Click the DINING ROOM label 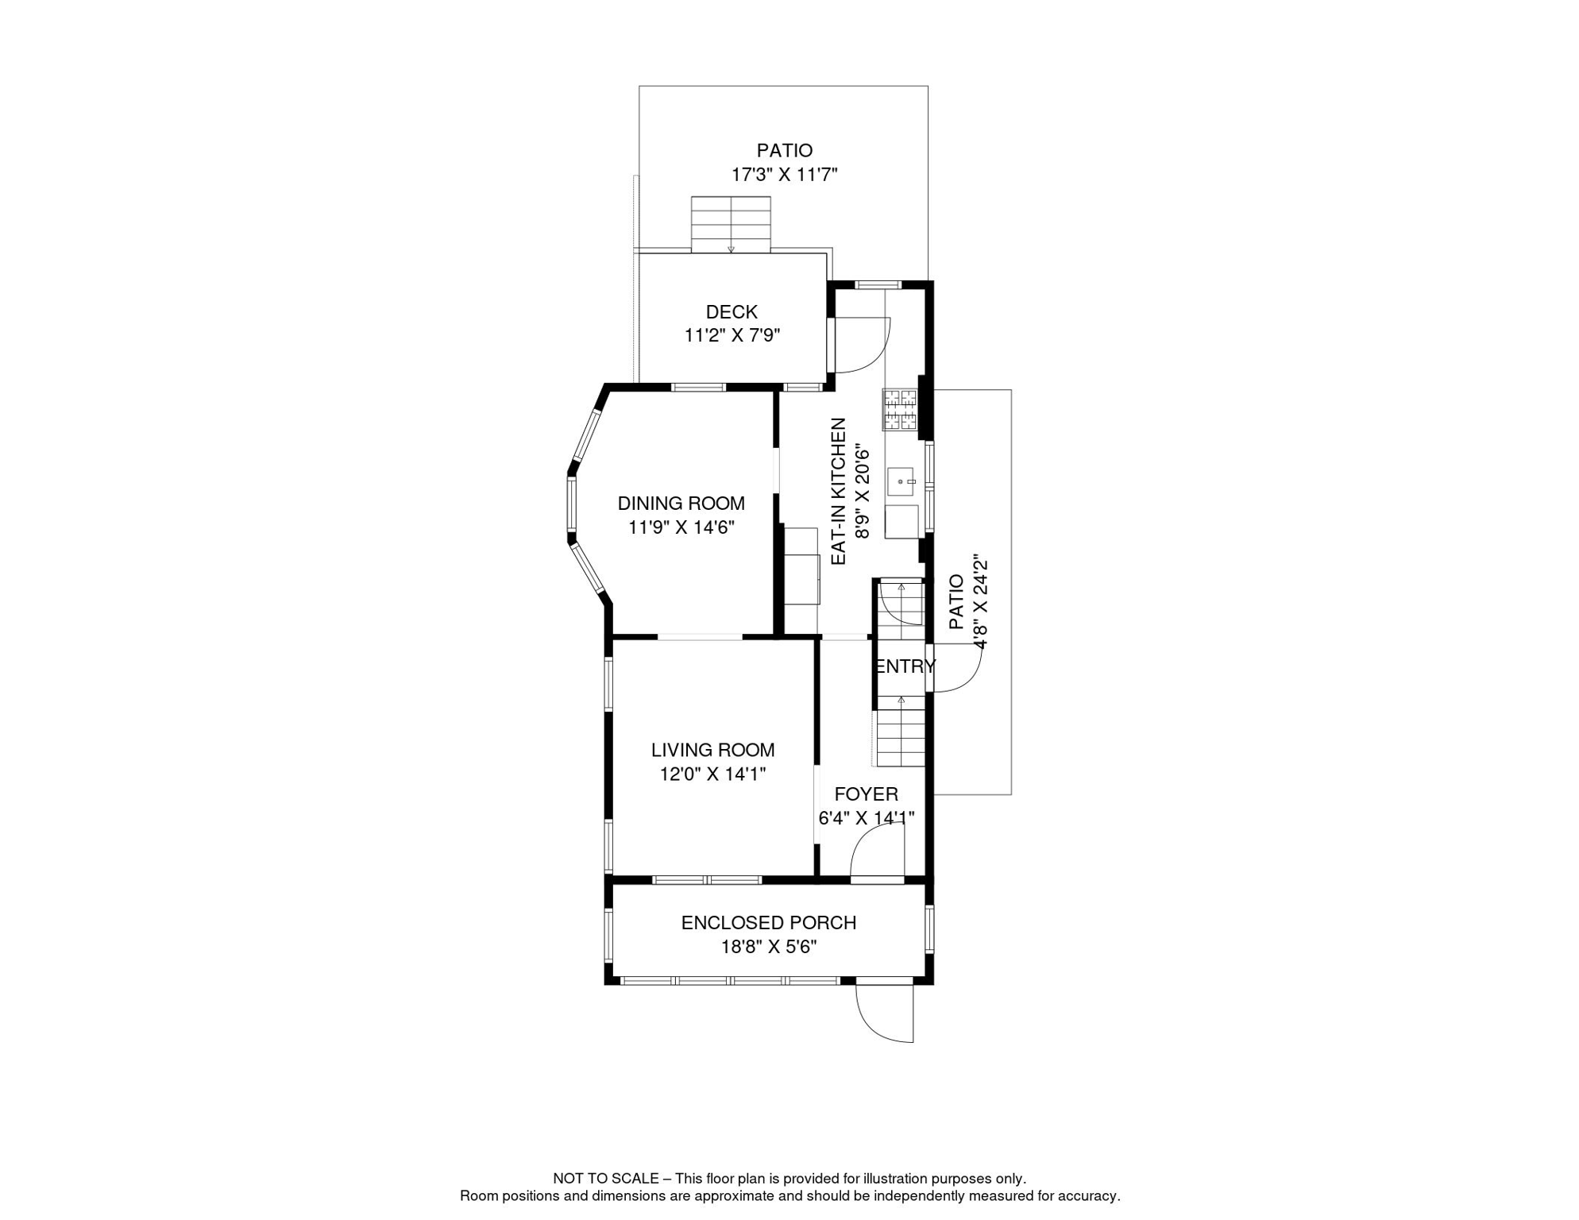(x=681, y=503)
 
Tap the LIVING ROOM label (x=712, y=750)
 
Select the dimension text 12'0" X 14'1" (x=712, y=774)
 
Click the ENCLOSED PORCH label (x=768, y=923)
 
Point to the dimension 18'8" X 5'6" (x=768, y=947)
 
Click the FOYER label (x=866, y=794)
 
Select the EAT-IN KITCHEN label (x=839, y=492)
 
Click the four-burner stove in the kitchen (x=900, y=409)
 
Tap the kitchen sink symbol (x=901, y=481)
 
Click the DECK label (x=732, y=312)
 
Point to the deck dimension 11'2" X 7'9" (x=732, y=335)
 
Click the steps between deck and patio (x=731, y=224)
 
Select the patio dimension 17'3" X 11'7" (x=784, y=175)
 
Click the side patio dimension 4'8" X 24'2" (x=981, y=602)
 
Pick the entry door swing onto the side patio (x=959, y=669)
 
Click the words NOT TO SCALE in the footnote (x=605, y=1179)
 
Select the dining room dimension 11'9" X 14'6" (x=681, y=527)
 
